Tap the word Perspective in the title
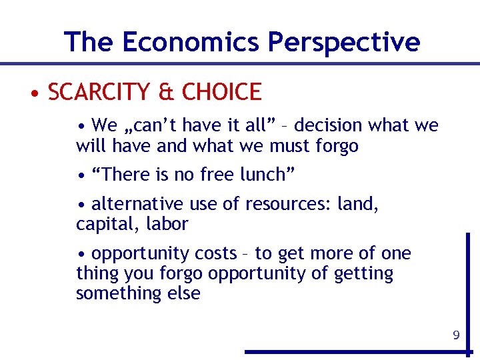[343, 42]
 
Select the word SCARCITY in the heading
[99, 92]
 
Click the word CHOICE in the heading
[221, 92]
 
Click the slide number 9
[456, 335]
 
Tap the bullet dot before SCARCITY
[33, 93]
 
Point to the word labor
[167, 224]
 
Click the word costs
[215, 254]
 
